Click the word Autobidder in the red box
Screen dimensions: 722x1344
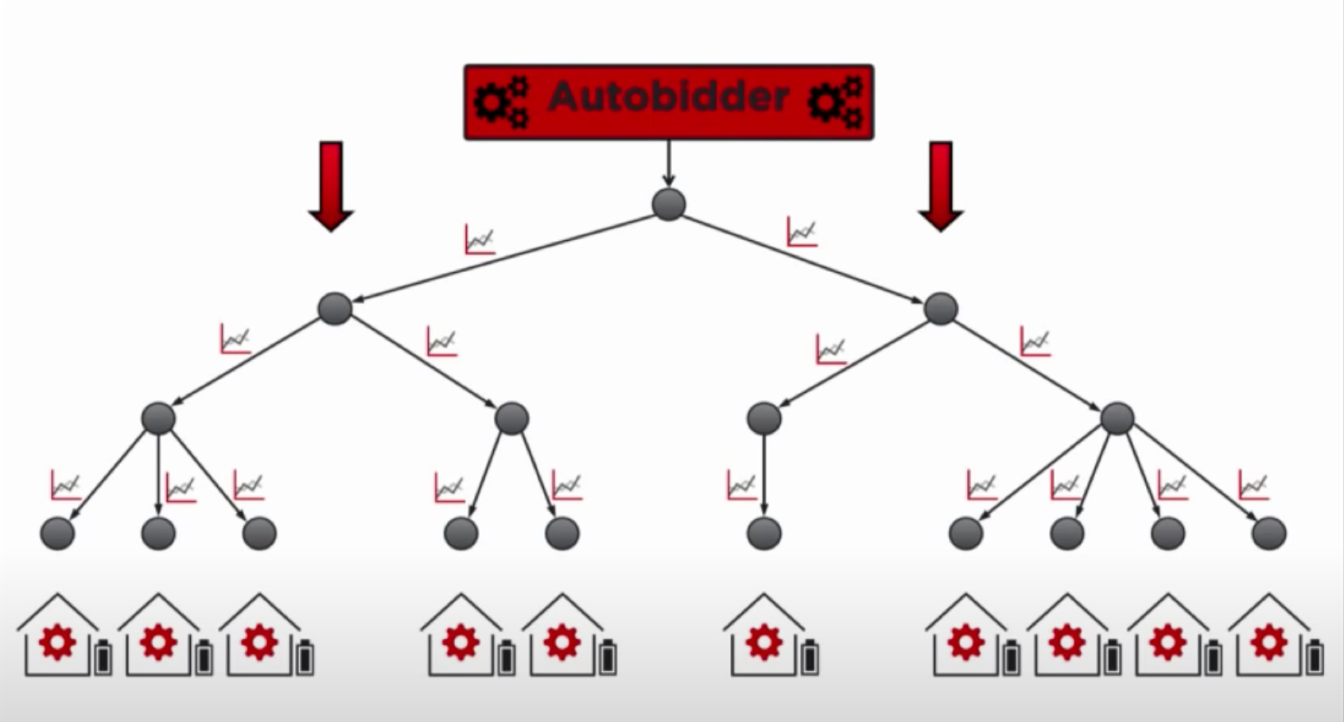tap(668, 97)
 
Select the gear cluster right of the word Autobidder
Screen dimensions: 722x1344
tap(835, 102)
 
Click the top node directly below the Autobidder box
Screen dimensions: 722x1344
tap(669, 204)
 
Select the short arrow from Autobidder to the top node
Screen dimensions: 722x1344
tap(669, 164)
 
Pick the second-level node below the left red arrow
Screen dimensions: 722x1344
tap(335, 309)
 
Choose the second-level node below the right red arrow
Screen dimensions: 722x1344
tap(941, 309)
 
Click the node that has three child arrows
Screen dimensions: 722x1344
tap(158, 418)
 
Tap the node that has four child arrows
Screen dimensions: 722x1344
tap(1117, 418)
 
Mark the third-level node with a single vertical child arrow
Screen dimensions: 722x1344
tap(764, 418)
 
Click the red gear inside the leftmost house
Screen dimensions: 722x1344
tap(57, 642)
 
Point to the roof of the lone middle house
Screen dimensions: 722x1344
tap(764, 607)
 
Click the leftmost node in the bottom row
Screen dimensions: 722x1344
tap(57, 534)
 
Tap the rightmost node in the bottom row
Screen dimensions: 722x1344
tap(1268, 534)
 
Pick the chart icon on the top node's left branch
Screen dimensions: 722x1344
tap(480, 239)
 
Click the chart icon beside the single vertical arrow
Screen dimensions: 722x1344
tap(741, 485)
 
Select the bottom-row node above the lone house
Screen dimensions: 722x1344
tap(764, 534)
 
